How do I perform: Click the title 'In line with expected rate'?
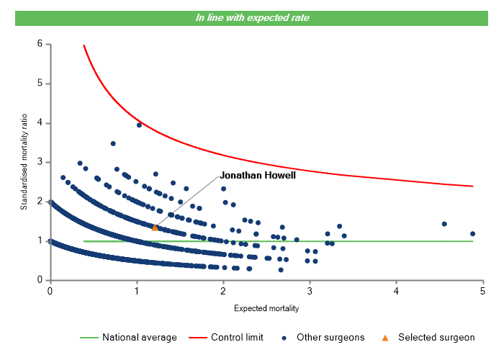252,17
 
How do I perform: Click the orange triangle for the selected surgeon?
155,228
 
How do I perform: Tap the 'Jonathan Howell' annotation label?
258,175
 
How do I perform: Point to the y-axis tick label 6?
40,44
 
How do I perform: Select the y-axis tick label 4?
40,123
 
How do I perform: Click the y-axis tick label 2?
40,202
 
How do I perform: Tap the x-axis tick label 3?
310,290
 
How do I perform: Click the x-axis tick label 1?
136,290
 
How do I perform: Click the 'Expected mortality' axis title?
266,308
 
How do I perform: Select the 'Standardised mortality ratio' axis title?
24,161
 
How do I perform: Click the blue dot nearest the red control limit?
139,125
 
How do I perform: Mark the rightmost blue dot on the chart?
472,233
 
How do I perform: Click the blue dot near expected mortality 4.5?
444,224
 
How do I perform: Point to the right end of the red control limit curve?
472,186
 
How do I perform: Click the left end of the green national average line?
84,241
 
